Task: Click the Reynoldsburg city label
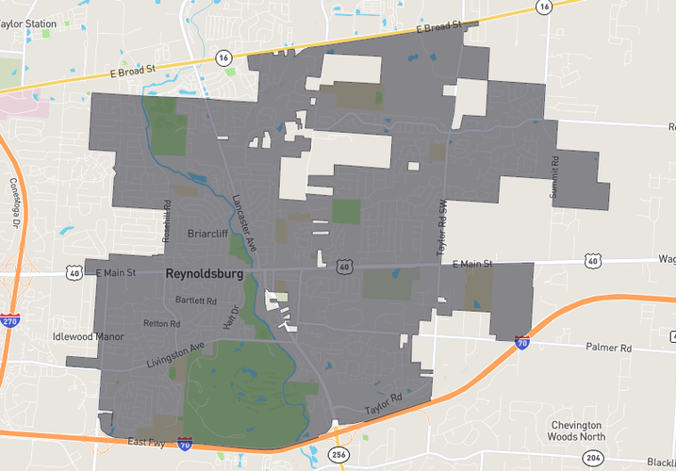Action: (x=204, y=274)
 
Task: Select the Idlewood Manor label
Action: (x=88, y=336)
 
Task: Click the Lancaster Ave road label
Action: (x=244, y=221)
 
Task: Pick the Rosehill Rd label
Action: (x=166, y=222)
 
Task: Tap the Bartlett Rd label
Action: (x=196, y=301)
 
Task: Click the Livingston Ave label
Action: (x=175, y=354)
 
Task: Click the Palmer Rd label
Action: (x=607, y=348)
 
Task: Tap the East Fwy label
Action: (x=146, y=441)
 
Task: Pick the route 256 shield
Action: (x=338, y=455)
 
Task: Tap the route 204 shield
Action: (x=591, y=457)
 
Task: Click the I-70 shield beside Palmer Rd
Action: (x=522, y=344)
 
